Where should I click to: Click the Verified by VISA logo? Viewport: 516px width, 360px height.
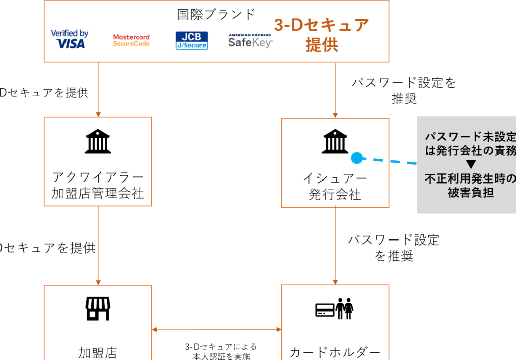point(70,39)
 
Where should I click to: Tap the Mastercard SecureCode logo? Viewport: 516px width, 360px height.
point(131,40)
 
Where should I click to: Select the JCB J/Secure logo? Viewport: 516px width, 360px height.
point(191,40)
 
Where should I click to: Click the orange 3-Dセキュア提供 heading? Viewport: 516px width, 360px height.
point(321,34)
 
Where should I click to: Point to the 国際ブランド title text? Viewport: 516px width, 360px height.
point(216,14)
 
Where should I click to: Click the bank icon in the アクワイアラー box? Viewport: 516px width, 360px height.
point(98,142)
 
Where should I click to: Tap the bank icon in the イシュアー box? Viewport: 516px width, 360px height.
point(335,142)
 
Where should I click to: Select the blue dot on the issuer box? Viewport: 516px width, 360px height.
point(356,158)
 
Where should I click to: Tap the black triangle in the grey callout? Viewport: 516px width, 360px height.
point(471,164)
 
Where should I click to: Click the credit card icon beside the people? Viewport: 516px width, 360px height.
point(325,310)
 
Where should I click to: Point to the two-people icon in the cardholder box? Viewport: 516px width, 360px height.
point(345,309)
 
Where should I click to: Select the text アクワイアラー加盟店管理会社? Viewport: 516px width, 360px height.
point(98,185)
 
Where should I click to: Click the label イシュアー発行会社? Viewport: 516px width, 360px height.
point(335,186)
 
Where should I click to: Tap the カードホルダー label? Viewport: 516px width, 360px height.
point(335,352)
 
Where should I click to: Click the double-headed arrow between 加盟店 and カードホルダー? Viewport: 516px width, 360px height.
point(217,330)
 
